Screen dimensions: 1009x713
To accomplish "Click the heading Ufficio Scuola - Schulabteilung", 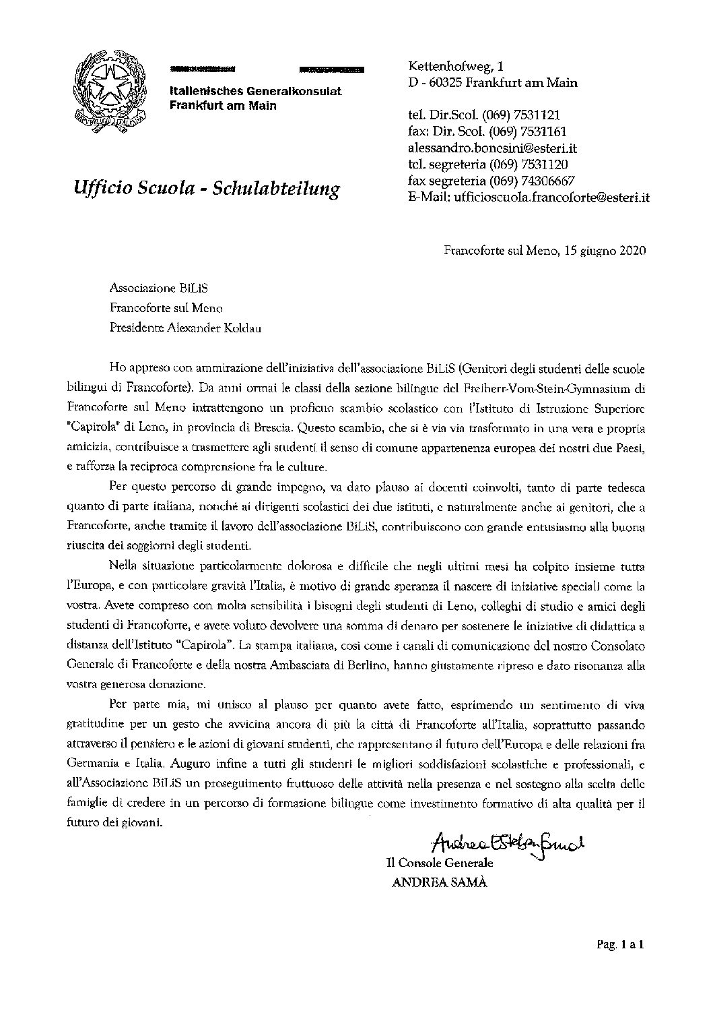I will coord(205,188).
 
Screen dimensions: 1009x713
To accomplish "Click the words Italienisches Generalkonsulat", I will coord(255,92).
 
